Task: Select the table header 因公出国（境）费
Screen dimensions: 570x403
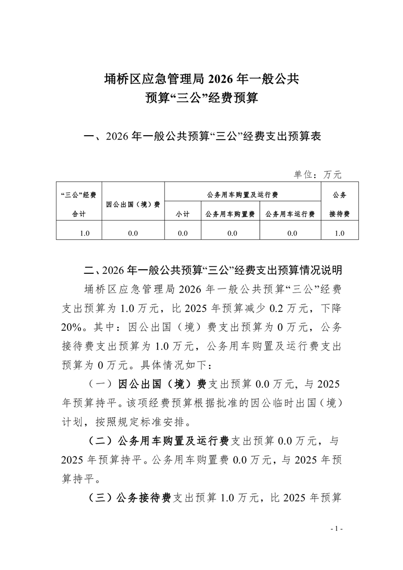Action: click(x=133, y=204)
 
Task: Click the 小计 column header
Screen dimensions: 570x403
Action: click(x=182, y=214)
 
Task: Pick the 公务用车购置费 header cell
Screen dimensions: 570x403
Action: click(x=230, y=214)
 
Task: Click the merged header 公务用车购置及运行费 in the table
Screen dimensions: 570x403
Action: click(x=242, y=195)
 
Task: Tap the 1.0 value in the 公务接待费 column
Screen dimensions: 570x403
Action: click(x=339, y=233)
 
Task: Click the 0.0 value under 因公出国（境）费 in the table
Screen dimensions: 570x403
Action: click(x=133, y=233)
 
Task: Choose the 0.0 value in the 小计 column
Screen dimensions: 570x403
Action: click(x=182, y=233)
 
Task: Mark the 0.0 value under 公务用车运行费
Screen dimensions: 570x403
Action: click(x=291, y=233)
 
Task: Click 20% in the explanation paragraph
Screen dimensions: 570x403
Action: click(x=72, y=327)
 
